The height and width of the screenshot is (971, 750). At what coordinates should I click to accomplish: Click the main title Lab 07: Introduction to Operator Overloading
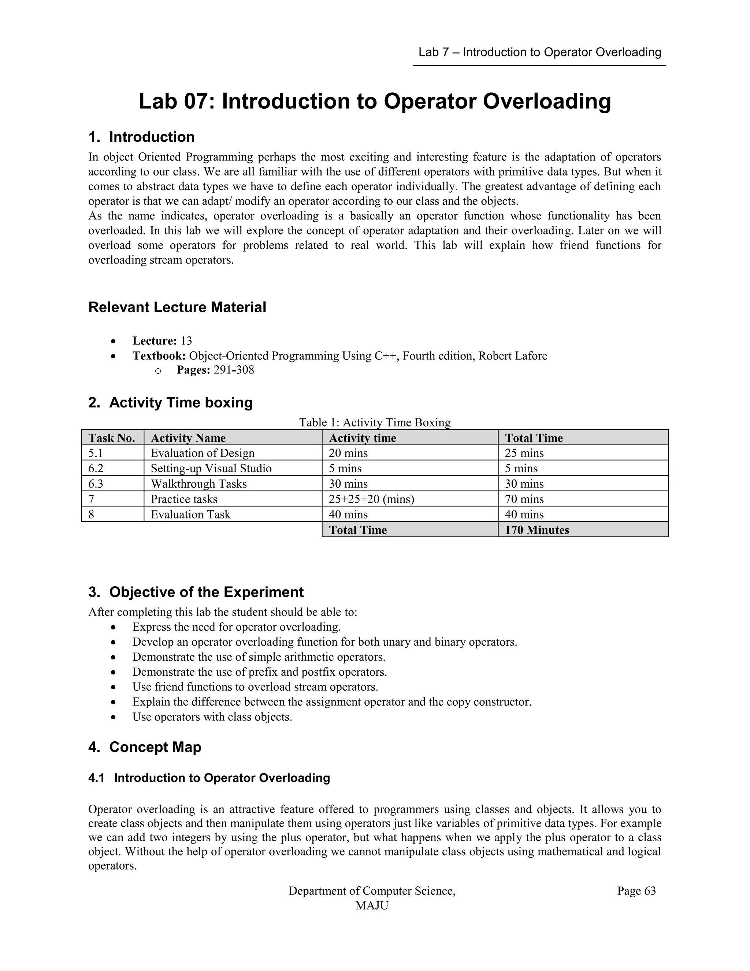click(x=375, y=101)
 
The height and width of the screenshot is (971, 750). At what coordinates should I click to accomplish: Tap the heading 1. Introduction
click(x=141, y=137)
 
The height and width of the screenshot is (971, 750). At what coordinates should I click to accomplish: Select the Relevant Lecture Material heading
click(x=177, y=307)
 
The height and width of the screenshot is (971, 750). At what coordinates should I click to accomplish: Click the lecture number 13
click(x=186, y=341)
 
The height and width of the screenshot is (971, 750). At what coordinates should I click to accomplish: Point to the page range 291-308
click(x=234, y=370)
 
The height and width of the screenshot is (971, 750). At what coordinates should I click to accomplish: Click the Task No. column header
click(x=112, y=438)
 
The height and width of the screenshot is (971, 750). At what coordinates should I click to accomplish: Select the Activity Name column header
click(x=188, y=438)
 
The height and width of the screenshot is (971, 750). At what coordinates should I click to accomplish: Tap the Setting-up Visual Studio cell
click(x=211, y=468)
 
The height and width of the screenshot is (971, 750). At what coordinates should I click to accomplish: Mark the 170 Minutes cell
click(x=537, y=530)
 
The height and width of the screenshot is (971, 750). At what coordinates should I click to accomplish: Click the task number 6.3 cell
click(x=96, y=484)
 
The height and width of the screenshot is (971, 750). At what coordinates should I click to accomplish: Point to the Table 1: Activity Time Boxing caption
click(x=375, y=422)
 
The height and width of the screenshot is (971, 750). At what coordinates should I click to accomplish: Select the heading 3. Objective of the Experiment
click(x=196, y=592)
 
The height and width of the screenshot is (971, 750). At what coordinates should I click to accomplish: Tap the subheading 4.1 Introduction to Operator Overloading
click(x=209, y=778)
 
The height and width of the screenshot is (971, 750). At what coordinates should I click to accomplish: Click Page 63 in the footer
click(x=636, y=891)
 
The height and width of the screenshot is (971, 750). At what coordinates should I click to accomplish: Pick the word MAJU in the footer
click(x=372, y=906)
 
